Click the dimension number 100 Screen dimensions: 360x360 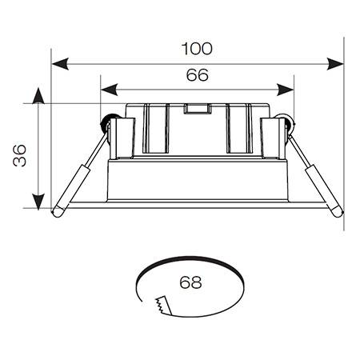point(197,49)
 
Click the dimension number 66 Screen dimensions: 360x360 point(197,75)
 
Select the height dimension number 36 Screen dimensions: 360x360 point(20,155)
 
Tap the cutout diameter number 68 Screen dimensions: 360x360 point(190,282)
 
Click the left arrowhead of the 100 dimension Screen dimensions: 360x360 point(60,64)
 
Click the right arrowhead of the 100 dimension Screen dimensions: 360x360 point(335,64)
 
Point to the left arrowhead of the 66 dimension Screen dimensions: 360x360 point(110,90)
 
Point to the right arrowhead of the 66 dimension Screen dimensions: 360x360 point(285,90)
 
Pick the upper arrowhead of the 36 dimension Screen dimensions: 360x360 point(38,96)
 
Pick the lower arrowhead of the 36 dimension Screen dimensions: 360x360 point(38,202)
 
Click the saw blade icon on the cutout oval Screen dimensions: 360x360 point(162,306)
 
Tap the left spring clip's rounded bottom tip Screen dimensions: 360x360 point(58,212)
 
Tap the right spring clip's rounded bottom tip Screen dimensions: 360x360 point(337,212)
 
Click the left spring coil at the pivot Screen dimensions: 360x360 point(107,122)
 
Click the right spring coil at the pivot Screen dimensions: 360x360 point(287,122)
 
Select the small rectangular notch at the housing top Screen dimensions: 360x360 point(197,109)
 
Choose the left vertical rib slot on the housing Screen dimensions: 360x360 point(156,129)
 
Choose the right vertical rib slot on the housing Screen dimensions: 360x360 point(239,129)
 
